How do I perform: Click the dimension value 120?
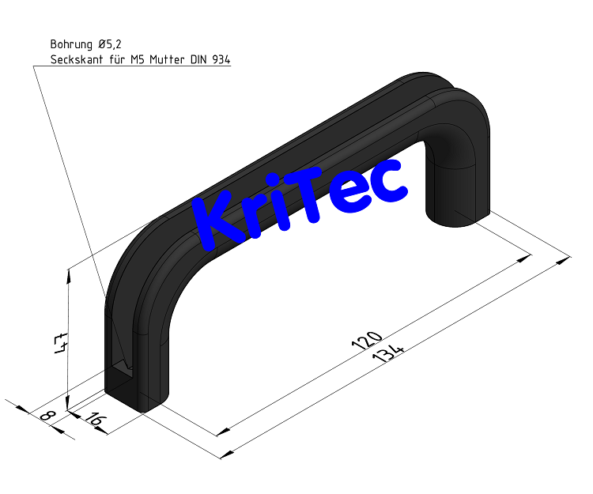pos(364,339)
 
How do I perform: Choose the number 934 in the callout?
pos(221,59)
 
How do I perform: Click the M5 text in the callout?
pos(138,59)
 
